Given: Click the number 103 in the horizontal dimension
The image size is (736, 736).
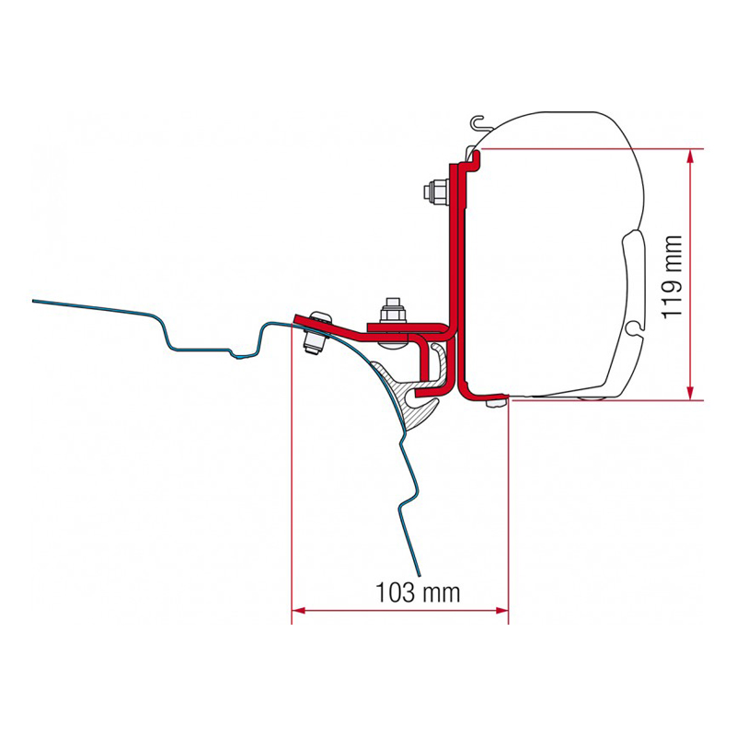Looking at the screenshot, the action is (396, 592).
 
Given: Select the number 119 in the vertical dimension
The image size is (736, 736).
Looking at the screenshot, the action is (672, 300).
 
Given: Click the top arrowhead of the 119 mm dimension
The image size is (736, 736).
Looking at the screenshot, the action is (689, 156).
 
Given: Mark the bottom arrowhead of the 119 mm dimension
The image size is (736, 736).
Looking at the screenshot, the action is (689, 393).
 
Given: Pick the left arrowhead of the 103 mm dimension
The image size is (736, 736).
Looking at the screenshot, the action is (299, 611).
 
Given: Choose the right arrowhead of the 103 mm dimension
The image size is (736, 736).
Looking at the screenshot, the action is (501, 611).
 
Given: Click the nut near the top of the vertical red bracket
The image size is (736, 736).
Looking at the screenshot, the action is (436, 191).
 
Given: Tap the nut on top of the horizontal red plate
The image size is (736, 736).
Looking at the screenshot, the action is (393, 311).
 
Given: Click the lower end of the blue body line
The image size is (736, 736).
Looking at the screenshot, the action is (420, 574).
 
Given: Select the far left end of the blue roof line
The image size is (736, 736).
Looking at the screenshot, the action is (34, 301).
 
